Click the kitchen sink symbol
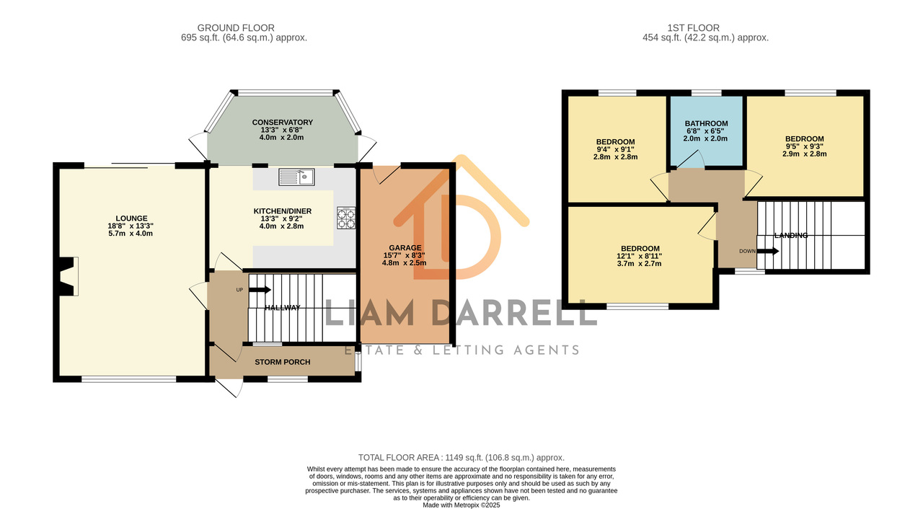coord(296,177)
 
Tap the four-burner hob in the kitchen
coord(346,218)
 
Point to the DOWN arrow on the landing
coord(768,251)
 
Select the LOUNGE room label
coord(131,218)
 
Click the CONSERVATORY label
coord(282,123)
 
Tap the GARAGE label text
coord(405,248)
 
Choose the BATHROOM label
coord(706,123)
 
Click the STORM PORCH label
coord(282,362)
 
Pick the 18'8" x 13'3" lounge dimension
coord(131,226)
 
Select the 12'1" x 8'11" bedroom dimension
coord(639,256)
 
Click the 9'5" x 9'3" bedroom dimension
coord(804,146)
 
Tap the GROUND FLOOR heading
coord(236,28)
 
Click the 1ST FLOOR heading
coord(694,28)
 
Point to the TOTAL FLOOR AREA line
coord(461,458)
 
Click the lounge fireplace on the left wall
coord(69,276)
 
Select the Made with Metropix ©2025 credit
coord(461,505)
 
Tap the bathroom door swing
coord(691,160)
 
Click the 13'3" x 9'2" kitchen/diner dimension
coord(282,218)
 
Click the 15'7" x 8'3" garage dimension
coord(405,255)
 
